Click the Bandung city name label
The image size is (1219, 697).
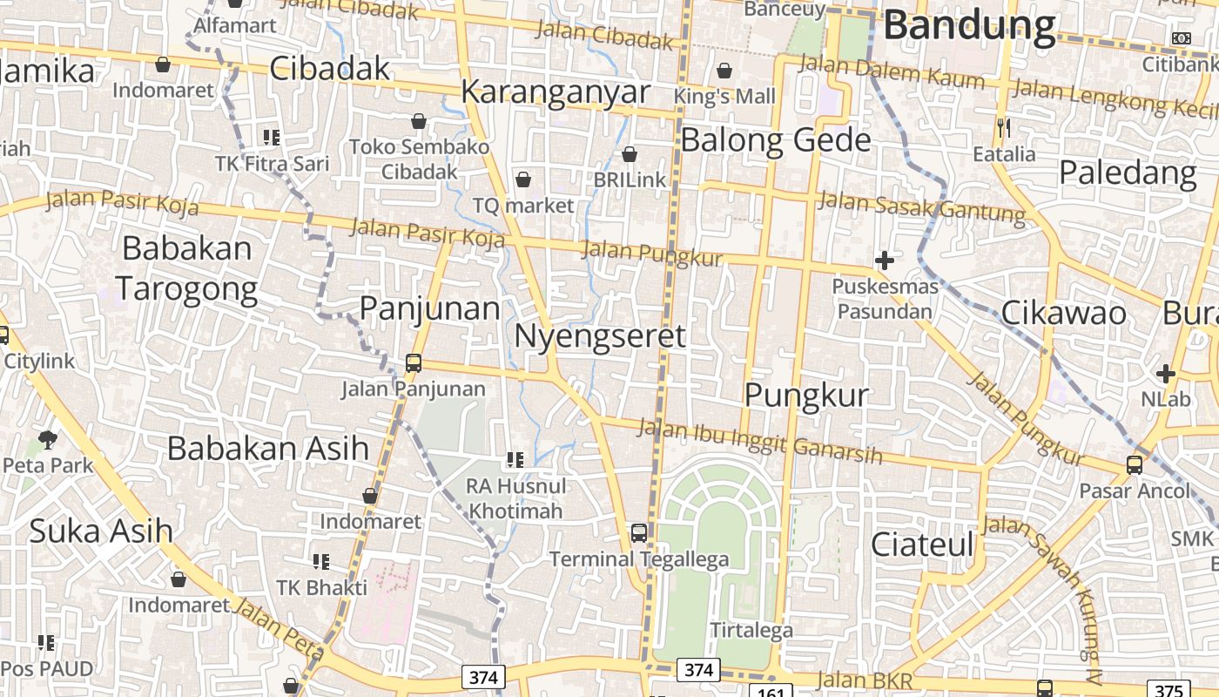969,26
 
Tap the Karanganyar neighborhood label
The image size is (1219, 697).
556,91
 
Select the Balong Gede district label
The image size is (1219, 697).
775,139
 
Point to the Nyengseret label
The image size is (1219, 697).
600,335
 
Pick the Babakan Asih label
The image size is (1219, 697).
268,448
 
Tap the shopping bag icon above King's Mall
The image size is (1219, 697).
724,71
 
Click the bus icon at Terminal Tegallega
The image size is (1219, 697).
639,532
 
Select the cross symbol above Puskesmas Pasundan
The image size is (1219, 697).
885,260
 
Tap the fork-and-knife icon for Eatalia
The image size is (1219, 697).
1004,128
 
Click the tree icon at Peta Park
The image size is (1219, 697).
48,440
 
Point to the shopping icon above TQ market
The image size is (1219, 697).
523,180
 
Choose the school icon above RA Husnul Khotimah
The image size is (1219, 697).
515,459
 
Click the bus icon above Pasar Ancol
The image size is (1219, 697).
1134,465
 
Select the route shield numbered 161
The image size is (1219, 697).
771,692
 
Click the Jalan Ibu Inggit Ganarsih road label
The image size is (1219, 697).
759,442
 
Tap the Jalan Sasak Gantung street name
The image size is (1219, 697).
922,206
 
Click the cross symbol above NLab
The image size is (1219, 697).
1165,374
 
